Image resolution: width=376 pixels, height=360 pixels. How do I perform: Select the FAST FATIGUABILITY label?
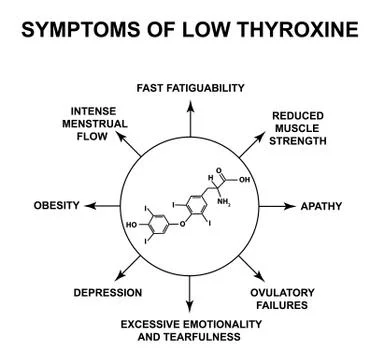point(190,87)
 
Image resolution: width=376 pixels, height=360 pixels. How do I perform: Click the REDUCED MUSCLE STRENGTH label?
point(299,128)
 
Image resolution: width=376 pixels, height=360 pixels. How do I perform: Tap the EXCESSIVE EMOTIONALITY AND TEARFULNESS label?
point(190,331)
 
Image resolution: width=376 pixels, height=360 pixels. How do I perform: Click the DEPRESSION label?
point(108,293)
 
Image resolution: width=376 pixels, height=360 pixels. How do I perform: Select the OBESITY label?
point(56,206)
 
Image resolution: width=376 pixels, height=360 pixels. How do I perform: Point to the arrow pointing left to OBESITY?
point(100,206)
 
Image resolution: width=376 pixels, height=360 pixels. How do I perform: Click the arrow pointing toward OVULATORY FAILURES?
point(251,267)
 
